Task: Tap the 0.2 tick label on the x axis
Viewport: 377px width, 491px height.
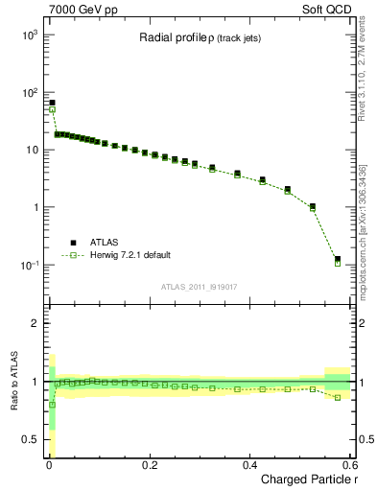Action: [150, 465]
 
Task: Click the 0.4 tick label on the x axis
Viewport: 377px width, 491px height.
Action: [250, 465]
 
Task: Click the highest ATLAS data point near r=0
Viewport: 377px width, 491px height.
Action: [52, 103]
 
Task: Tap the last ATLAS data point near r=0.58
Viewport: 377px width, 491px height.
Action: [338, 259]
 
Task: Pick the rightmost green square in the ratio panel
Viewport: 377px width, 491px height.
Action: [338, 397]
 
